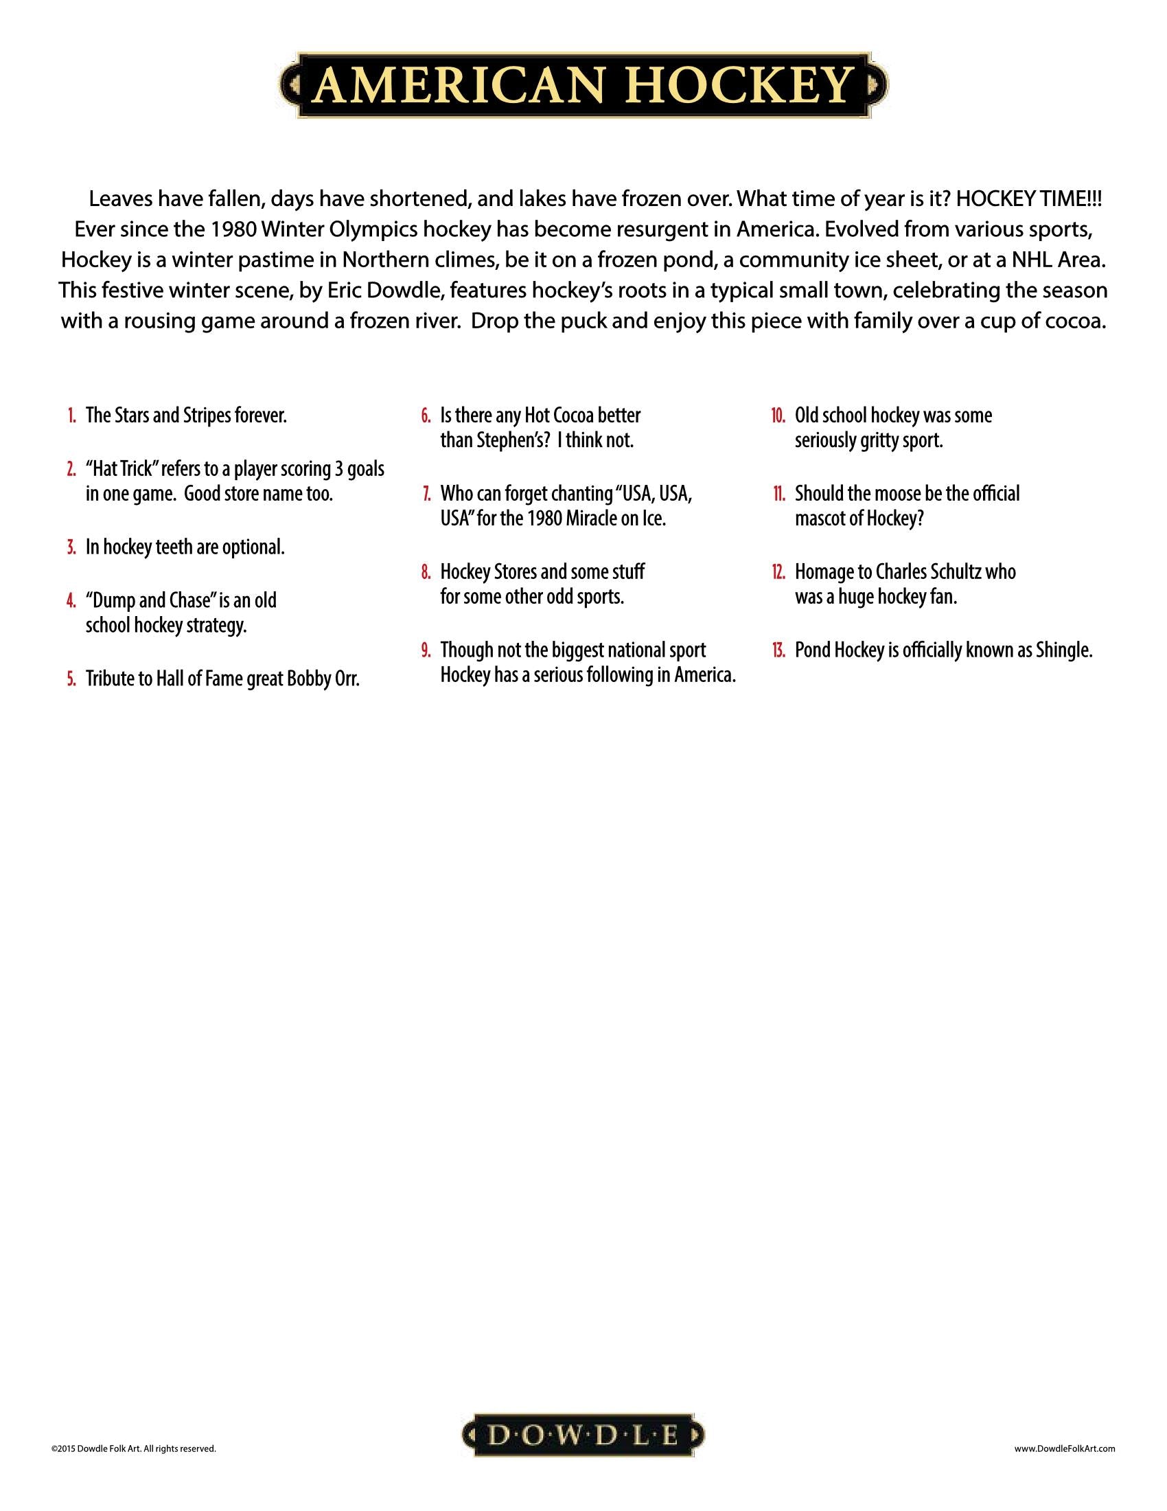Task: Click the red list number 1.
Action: coord(72,416)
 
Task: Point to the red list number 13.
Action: coord(778,651)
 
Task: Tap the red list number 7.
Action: coord(426,495)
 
